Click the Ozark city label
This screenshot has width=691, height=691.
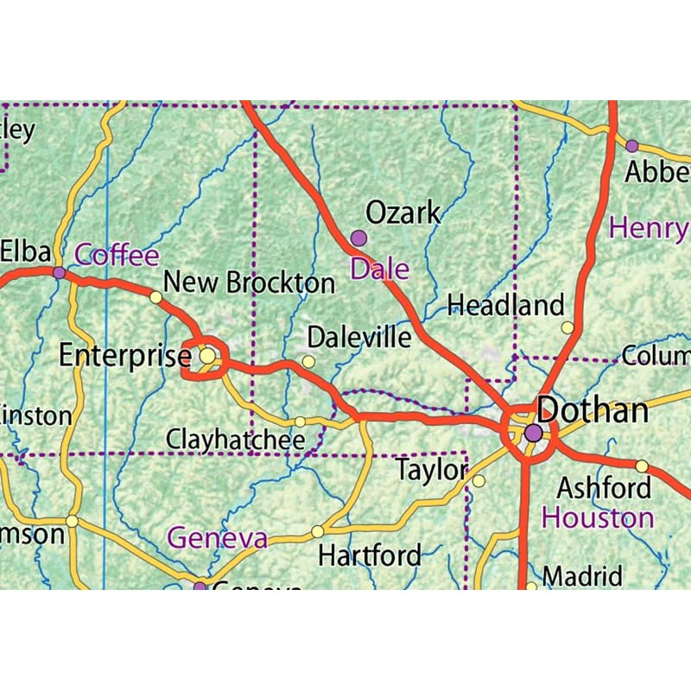[403, 212]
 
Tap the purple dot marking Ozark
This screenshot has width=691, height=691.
[358, 238]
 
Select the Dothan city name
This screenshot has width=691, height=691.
[593, 410]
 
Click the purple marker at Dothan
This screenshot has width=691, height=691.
[534, 432]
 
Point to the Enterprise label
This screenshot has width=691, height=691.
[124, 355]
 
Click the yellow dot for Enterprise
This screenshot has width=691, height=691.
[207, 355]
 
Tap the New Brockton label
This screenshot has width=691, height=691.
[249, 282]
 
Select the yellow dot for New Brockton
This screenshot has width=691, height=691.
[155, 297]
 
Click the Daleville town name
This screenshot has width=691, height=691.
[359, 336]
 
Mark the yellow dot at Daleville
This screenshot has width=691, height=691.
[308, 361]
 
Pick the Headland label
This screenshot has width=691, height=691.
[506, 304]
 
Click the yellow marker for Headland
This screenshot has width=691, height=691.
[567, 327]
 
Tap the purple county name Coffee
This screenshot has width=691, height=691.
[117, 256]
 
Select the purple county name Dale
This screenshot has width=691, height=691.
[379, 269]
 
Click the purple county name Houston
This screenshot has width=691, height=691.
[598, 518]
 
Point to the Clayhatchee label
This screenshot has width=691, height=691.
[236, 440]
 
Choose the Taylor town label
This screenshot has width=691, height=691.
[431, 471]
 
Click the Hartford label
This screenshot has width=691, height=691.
[370, 555]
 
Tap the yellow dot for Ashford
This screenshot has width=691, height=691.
[642, 466]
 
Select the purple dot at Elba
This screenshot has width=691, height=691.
[59, 273]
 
